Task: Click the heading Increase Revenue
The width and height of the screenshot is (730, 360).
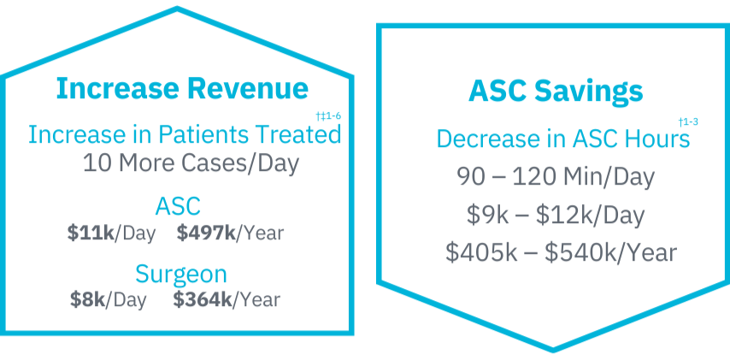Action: pyautogui.click(x=182, y=89)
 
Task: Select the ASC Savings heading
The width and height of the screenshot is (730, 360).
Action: pyautogui.click(x=556, y=91)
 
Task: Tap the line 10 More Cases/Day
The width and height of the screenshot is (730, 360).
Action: pyautogui.click(x=191, y=163)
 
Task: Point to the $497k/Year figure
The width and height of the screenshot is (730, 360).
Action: pyautogui.click(x=230, y=233)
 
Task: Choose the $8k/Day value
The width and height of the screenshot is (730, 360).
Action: pyautogui.click(x=109, y=300)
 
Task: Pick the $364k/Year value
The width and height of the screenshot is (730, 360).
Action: pyautogui.click(x=227, y=300)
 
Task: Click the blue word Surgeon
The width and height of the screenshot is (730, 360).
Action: pyautogui.click(x=181, y=274)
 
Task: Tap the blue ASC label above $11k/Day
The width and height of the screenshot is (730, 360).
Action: pyautogui.click(x=178, y=206)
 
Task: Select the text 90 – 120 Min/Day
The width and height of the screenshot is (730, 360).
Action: pyautogui.click(x=556, y=177)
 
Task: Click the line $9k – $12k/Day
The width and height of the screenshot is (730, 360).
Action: pyautogui.click(x=556, y=215)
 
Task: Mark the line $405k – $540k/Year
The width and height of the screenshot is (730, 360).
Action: pyautogui.click(x=561, y=252)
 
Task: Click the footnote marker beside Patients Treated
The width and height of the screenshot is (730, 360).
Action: pyautogui.click(x=328, y=115)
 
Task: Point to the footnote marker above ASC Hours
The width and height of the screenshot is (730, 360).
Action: pyautogui.click(x=688, y=122)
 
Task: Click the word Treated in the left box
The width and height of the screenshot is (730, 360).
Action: pyautogui.click(x=303, y=135)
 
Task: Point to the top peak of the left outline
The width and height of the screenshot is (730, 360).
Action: pyautogui.click(x=178, y=10)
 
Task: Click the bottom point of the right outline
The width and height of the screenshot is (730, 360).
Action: pyautogui.click(x=553, y=348)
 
